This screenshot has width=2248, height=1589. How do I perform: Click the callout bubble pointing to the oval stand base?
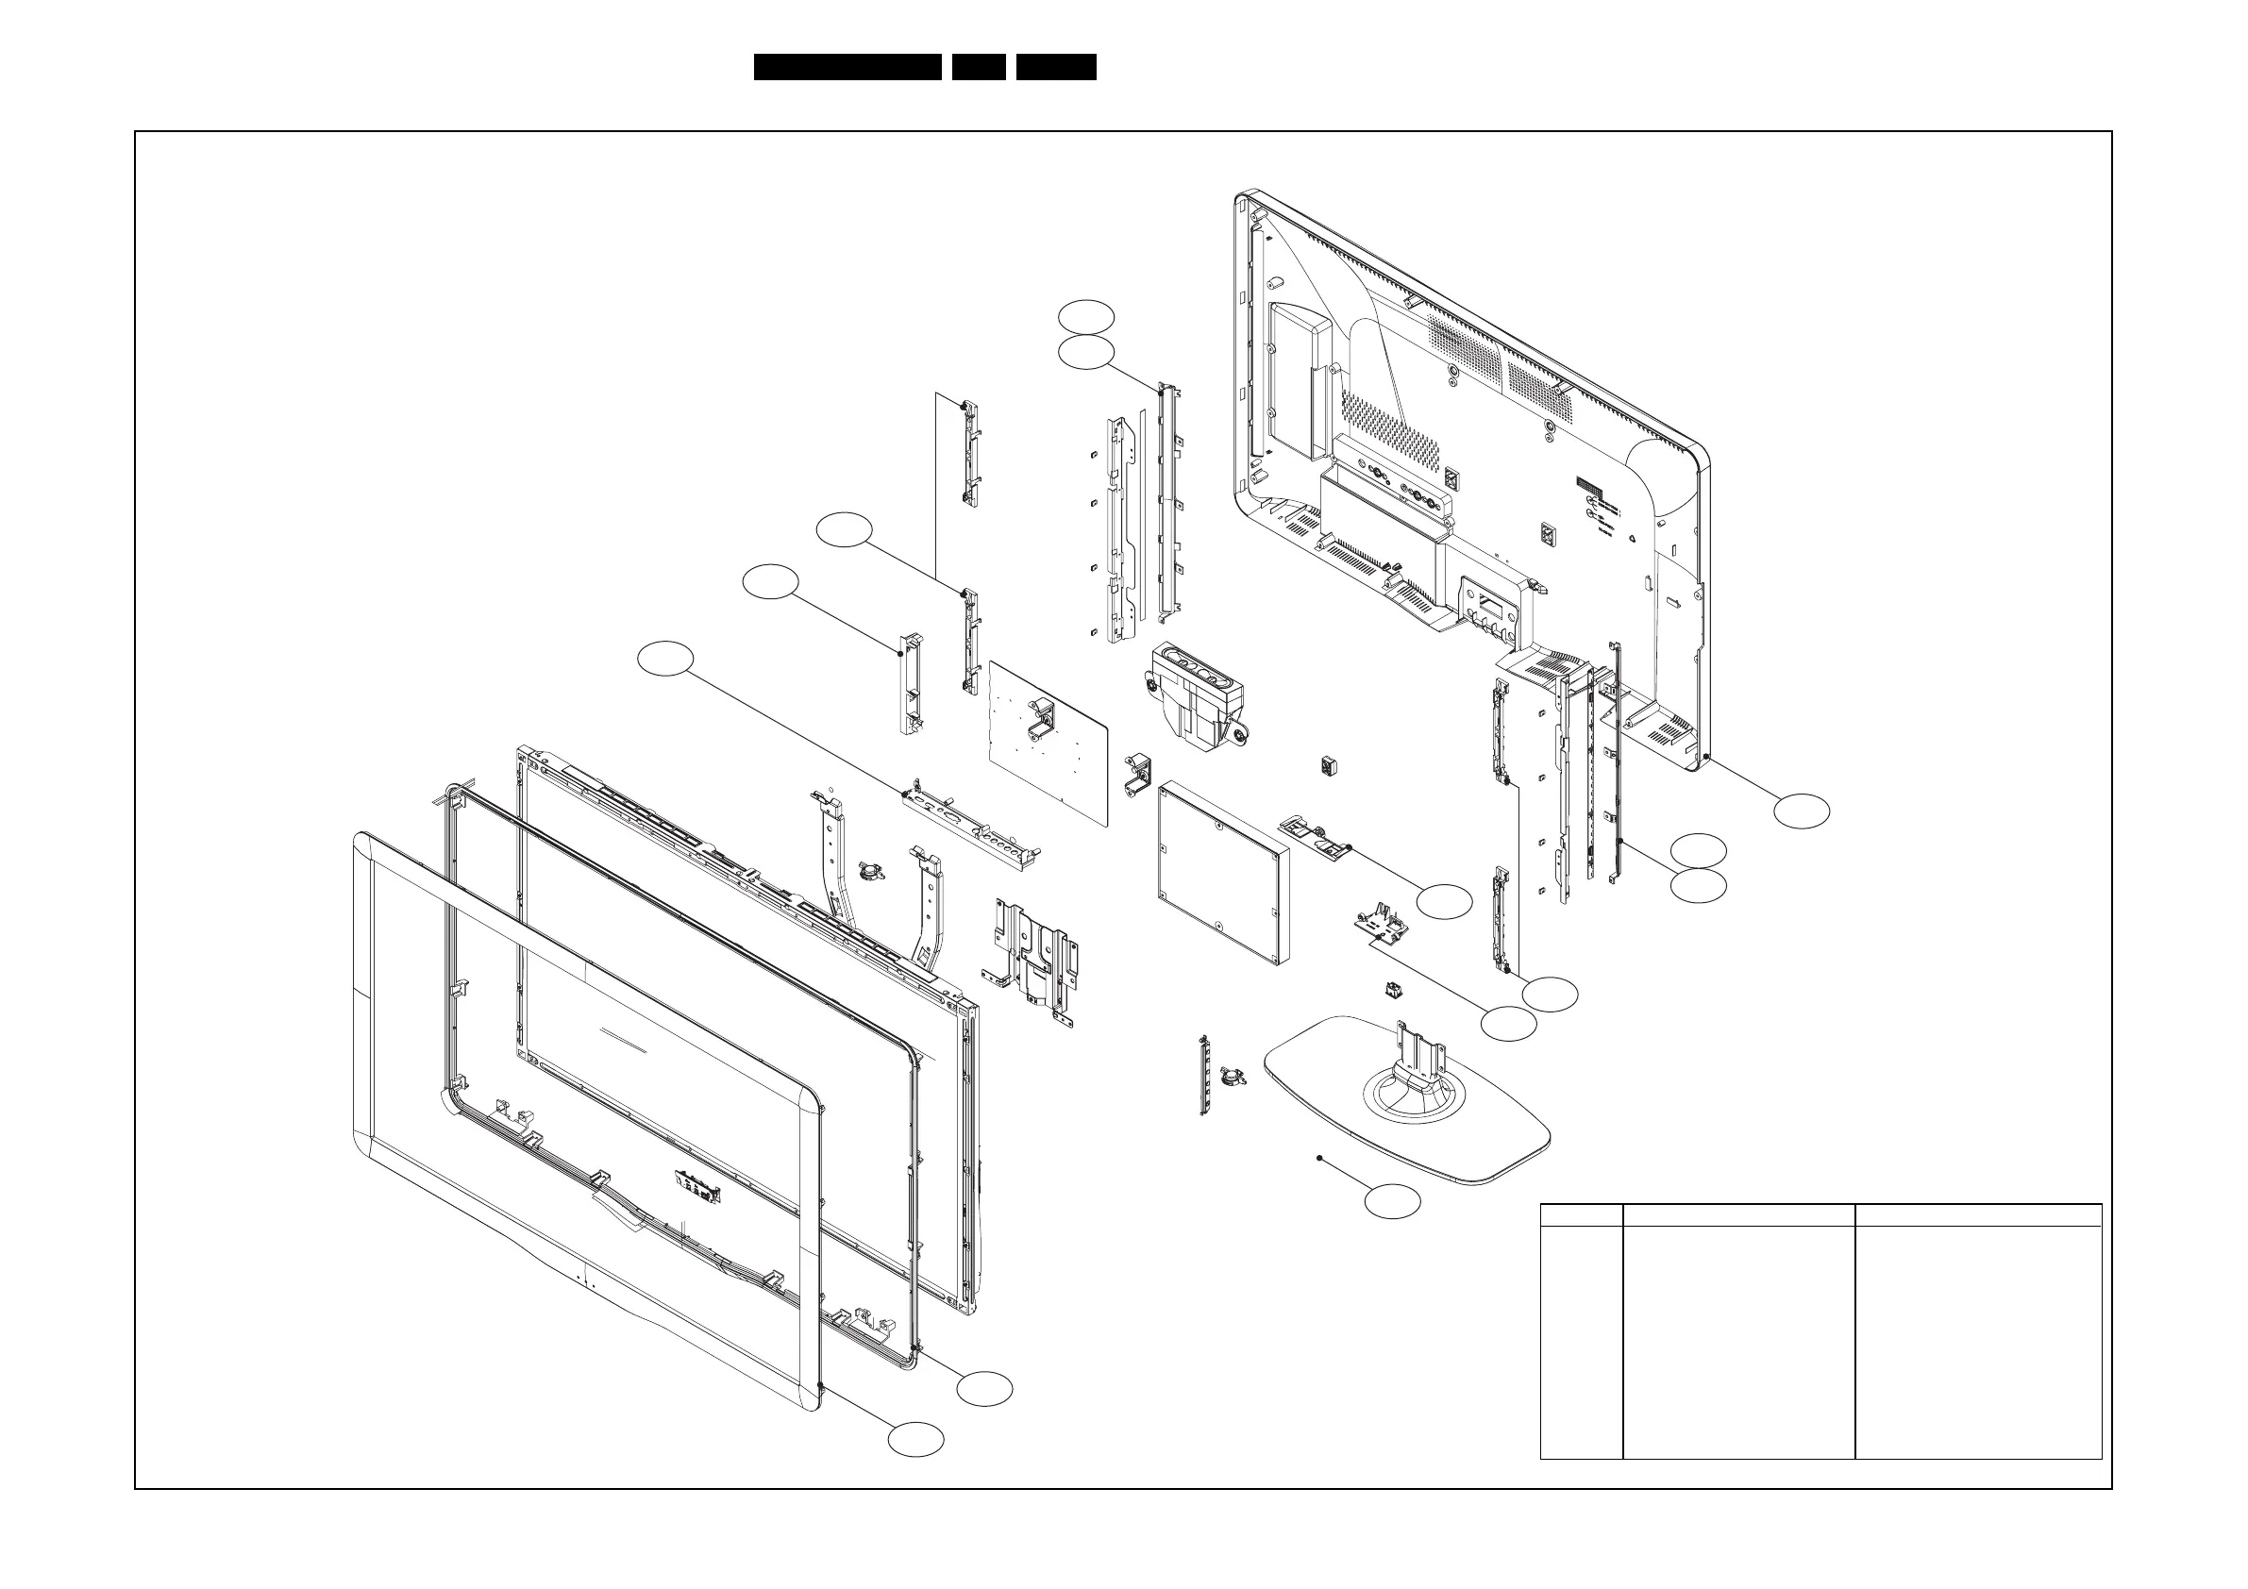[1392, 1201]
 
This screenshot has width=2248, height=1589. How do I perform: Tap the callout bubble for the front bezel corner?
[915, 1439]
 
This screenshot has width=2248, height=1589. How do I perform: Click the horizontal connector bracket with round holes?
[969, 824]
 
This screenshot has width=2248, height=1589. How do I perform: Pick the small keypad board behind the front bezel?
[697, 1189]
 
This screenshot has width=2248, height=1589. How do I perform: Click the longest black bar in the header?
[847, 67]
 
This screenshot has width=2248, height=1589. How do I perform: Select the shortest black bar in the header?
[979, 67]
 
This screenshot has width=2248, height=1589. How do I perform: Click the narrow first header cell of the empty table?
[1581, 1214]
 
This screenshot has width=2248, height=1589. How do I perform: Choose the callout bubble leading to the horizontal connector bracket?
[664, 659]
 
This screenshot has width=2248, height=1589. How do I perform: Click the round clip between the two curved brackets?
[867, 870]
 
